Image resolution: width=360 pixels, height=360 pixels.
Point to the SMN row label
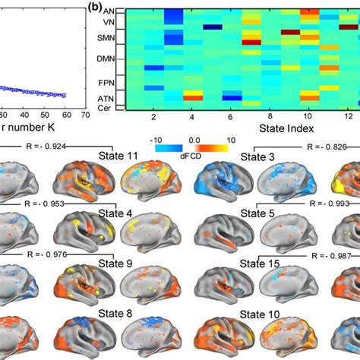pos(107,38)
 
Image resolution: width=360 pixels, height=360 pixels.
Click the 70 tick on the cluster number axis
pos(85,114)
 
